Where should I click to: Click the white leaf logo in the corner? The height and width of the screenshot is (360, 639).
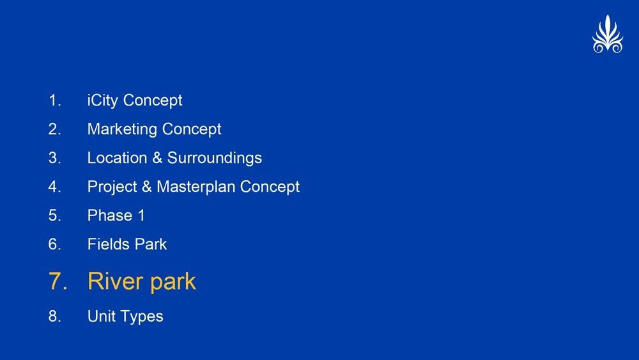point(608,35)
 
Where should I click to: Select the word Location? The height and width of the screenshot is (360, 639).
point(118,158)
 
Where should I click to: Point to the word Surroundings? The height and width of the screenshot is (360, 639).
point(214,159)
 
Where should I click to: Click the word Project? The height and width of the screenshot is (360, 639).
point(112,187)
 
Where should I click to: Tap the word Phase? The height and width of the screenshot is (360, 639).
point(110,215)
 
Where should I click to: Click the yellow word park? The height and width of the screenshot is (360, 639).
point(173,283)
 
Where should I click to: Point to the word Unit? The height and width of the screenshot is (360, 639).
point(102,317)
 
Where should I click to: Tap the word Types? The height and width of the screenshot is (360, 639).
point(141,317)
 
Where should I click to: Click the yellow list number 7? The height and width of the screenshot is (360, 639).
point(58,281)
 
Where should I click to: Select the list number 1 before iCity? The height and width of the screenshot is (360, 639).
point(55,100)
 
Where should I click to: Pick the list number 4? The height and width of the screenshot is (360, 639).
point(55,187)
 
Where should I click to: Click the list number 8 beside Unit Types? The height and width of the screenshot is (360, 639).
point(55,317)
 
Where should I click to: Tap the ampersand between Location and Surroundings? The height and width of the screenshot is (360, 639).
point(157,158)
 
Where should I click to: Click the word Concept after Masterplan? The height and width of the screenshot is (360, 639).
point(270,187)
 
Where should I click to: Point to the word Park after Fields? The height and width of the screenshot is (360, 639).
point(151,244)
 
